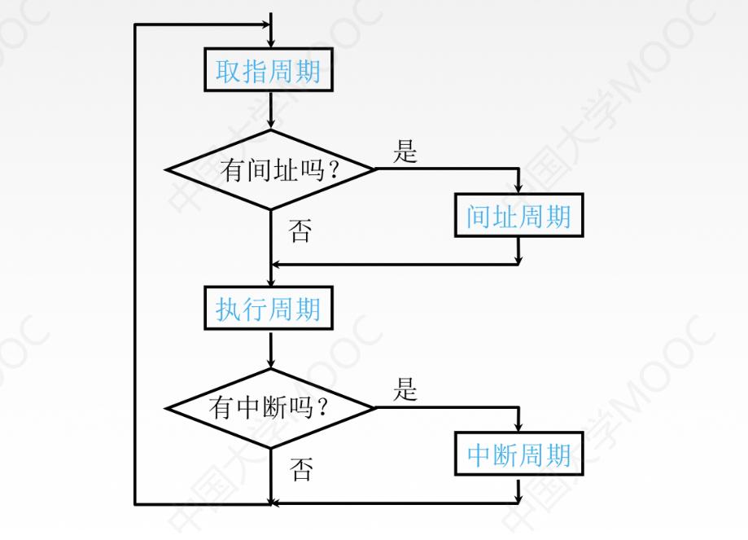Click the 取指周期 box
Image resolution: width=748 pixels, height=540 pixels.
269,72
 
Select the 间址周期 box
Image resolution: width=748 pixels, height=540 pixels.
518,216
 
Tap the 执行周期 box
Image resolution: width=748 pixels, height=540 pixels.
269,309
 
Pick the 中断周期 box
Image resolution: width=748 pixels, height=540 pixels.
518,454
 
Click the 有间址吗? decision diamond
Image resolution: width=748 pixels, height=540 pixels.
270,170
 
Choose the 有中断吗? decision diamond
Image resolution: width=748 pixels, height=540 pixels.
270,406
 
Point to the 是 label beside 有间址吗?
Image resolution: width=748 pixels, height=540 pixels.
405,151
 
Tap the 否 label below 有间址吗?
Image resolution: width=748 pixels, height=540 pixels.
300,232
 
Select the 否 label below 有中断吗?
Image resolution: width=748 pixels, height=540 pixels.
301,469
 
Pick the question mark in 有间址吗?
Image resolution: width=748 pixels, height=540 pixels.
333,171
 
